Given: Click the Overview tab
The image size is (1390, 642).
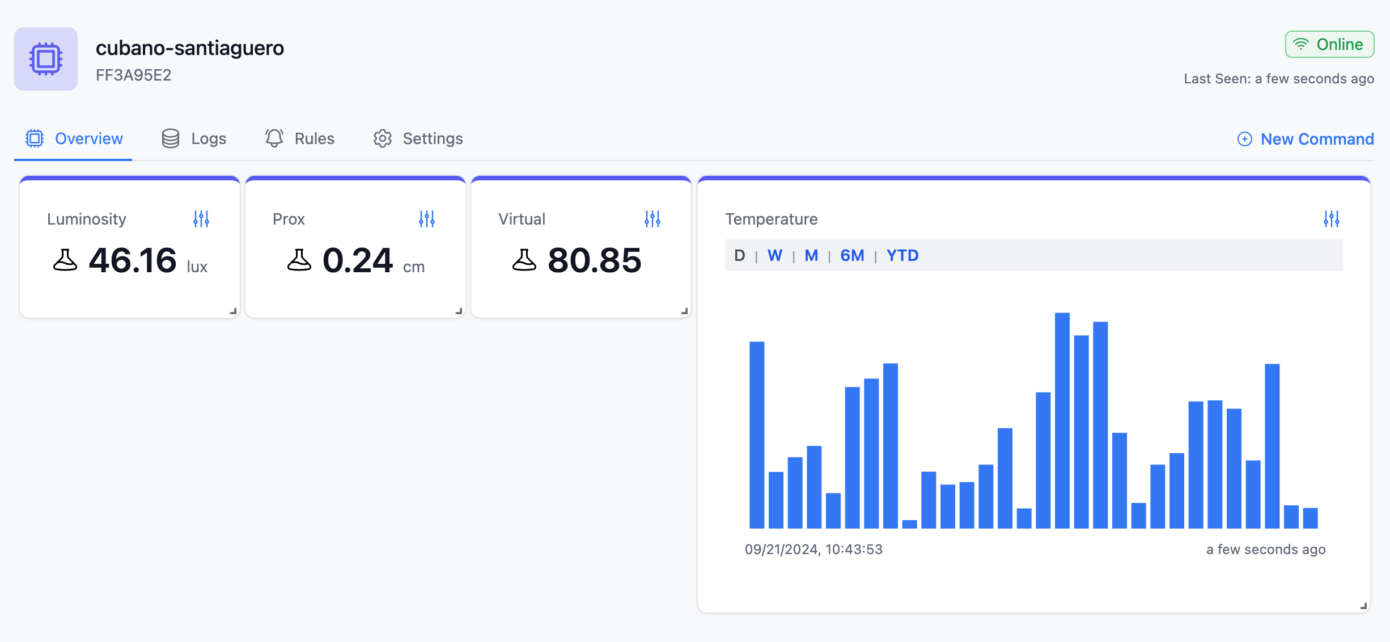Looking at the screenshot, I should click(x=74, y=139).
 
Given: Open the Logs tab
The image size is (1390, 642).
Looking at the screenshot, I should click(x=194, y=139).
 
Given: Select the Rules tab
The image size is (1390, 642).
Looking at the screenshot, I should click(x=300, y=139).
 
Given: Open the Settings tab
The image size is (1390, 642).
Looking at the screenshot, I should click(x=418, y=139).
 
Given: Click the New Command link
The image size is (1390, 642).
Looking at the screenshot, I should click(x=1306, y=140).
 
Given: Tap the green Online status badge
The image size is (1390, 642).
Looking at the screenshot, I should click(x=1329, y=45).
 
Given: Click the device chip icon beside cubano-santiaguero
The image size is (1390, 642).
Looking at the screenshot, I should click(x=46, y=59).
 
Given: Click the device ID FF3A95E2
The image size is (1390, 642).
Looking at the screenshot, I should click(x=134, y=75).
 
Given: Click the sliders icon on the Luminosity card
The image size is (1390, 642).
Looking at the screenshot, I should click(x=201, y=219).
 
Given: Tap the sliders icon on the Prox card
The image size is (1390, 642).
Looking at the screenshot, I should click(x=427, y=219).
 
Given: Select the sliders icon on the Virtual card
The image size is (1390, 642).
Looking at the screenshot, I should click(x=652, y=219).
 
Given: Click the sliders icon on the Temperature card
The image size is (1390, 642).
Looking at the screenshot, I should click(x=1332, y=219).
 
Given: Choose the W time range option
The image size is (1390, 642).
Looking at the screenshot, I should click(x=775, y=256).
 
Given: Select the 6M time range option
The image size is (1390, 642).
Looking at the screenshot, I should click(x=852, y=256).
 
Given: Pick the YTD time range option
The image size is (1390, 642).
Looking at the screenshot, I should click(x=902, y=256).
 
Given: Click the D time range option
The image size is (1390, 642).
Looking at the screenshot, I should click(x=740, y=256).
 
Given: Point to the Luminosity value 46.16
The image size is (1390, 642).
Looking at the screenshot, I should click(x=133, y=261).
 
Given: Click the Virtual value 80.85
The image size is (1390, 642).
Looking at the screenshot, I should click(x=594, y=261).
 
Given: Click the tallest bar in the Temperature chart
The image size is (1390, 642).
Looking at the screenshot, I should click(x=1062, y=420).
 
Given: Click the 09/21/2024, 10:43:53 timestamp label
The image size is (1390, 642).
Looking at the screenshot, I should click(x=813, y=550).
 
